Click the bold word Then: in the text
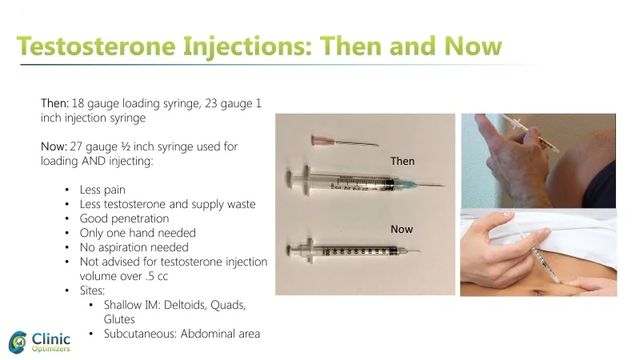54,104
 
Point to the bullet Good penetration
124,218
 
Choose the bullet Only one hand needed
137,233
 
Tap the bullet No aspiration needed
134,247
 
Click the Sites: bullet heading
93,290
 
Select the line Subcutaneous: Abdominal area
182,334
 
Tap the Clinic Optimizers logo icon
19,342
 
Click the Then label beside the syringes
402,161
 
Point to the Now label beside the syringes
402,230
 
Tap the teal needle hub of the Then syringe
406,182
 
